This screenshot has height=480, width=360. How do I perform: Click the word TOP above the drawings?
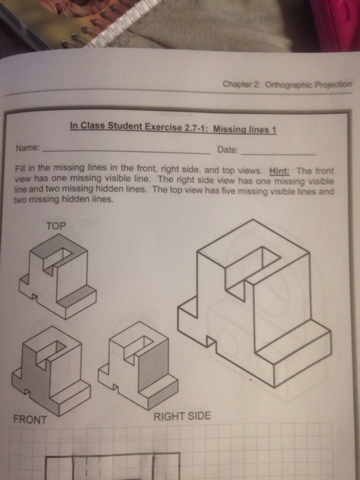[x=56, y=224]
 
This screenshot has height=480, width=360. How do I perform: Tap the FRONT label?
[x=30, y=420]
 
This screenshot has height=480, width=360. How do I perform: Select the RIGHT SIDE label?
[x=182, y=416]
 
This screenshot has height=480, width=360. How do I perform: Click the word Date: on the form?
[x=227, y=149]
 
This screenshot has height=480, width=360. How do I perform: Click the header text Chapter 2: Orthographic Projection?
[x=287, y=84]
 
